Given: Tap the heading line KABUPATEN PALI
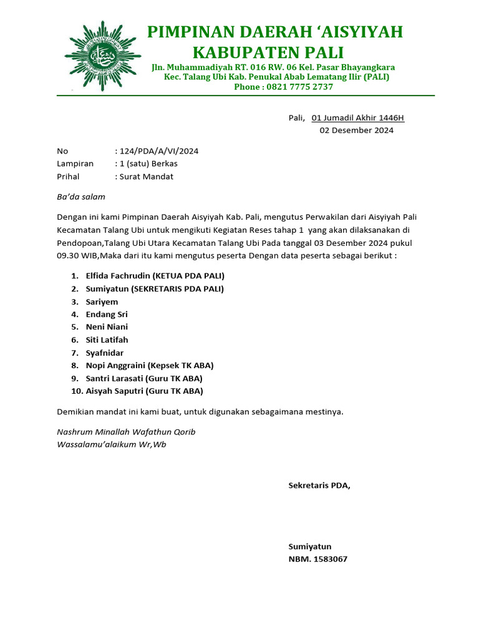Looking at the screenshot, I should [268, 52].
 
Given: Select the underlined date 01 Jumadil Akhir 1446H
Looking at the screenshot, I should [357, 118].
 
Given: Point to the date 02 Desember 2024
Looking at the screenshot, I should [356, 130].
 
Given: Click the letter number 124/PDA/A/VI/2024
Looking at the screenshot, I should [159, 151].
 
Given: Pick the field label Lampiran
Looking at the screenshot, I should [75, 163].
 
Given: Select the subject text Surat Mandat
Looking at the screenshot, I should [146, 177].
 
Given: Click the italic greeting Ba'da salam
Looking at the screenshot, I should [81, 197].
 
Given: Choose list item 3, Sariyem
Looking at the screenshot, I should [102, 301].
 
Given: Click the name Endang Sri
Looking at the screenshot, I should [107, 315].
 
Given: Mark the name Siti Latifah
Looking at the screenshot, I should [107, 340].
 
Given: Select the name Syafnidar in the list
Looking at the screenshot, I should [105, 353].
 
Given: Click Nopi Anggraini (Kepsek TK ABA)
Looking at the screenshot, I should [150, 366].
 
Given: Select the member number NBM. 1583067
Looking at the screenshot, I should [317, 559].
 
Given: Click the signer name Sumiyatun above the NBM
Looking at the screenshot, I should [309, 546].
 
